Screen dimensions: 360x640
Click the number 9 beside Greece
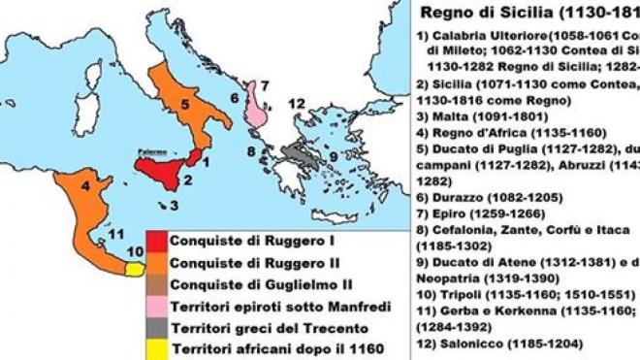click(334, 156)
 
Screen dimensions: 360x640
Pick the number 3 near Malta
click(173, 206)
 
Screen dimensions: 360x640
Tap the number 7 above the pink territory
click(263, 85)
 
